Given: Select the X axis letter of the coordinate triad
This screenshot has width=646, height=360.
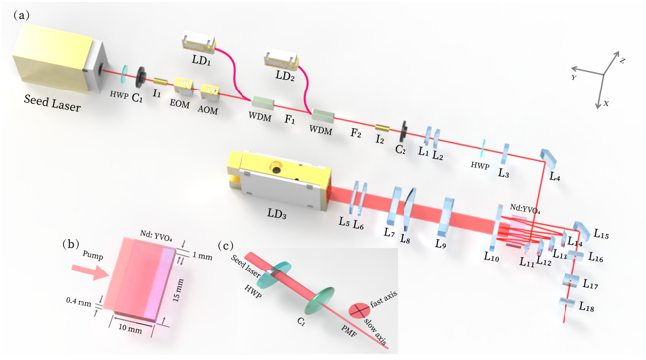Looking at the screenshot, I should [x=604, y=102].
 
